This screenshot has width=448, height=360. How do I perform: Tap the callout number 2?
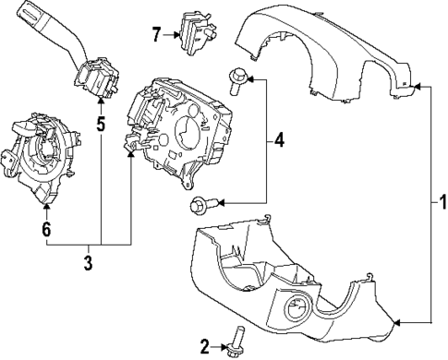click(204, 347)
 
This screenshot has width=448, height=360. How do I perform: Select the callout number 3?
click(88, 264)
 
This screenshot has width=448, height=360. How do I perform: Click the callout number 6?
click(44, 228)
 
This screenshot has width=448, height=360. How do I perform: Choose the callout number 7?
click(155, 35)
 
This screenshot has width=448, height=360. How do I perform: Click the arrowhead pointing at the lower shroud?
click(397, 322)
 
